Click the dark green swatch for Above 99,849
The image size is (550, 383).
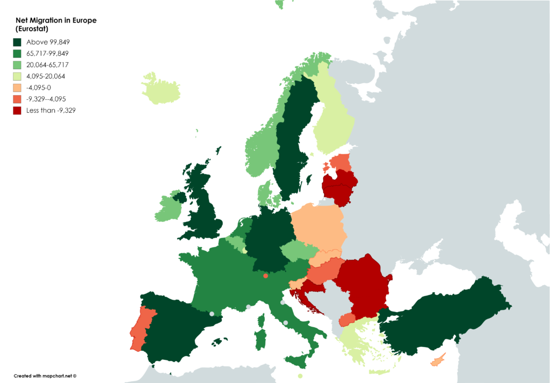pos(17,42)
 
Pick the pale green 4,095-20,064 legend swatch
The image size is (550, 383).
pos(17,76)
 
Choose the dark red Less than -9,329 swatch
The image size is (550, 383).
pos(17,110)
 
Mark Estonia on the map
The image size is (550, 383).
pos(341,162)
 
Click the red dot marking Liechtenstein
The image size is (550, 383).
pos(266,276)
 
